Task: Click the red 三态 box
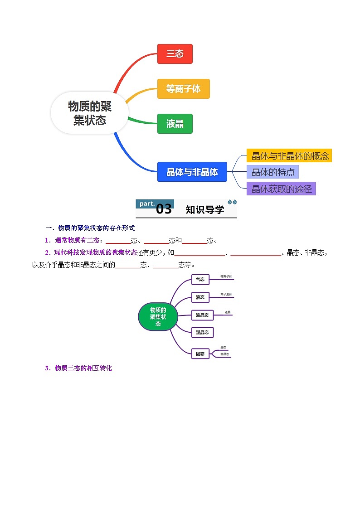click(x=175, y=54)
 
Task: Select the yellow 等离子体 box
click(x=183, y=89)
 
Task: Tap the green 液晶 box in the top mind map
click(x=175, y=124)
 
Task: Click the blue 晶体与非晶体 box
click(x=192, y=172)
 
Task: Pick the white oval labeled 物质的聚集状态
click(x=90, y=113)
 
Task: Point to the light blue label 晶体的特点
click(x=273, y=172)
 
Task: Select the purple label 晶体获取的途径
click(x=281, y=189)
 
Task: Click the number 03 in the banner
click(x=164, y=209)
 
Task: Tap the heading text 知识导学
click(x=205, y=210)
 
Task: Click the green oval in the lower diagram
click(x=158, y=317)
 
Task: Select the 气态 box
click(x=200, y=280)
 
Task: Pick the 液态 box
click(x=200, y=297)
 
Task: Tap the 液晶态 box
click(x=202, y=315)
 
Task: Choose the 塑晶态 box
click(x=202, y=333)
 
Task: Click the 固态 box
click(x=200, y=354)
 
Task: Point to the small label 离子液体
click(x=226, y=295)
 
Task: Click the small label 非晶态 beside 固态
click(x=225, y=354)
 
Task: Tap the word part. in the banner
click(x=147, y=204)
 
